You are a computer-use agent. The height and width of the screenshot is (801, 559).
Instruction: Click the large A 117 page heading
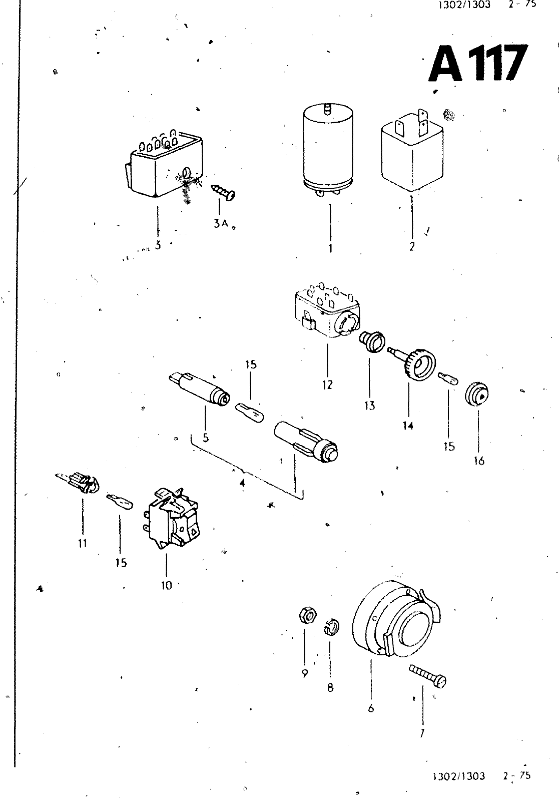[x=478, y=63]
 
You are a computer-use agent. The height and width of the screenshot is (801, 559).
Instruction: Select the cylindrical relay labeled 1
[x=329, y=150]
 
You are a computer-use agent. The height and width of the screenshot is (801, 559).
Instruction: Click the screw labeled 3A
[x=223, y=191]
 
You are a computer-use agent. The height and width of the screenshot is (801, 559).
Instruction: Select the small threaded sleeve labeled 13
[x=372, y=341]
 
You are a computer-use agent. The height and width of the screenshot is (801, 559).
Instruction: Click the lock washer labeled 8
[x=332, y=626]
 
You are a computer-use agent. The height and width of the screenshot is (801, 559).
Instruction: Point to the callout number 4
[x=242, y=484]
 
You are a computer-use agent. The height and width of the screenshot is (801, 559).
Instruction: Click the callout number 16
[x=479, y=461]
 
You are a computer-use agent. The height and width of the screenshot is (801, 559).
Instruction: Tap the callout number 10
[x=167, y=585]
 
